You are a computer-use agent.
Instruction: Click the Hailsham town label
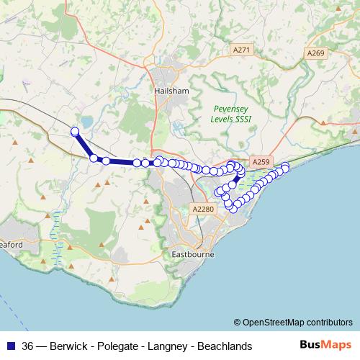tap(172, 91)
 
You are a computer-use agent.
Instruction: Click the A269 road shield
tap(315, 53)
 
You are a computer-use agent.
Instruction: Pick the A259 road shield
tap(260, 164)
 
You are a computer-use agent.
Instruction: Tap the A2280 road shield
tap(204, 209)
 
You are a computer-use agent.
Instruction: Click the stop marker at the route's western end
tap(75, 131)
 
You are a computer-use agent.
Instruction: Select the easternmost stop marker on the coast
tap(285, 167)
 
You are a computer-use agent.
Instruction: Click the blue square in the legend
tap(10, 346)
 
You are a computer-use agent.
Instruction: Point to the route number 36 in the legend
tap(28, 346)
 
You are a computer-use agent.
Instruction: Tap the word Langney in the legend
tap(171, 346)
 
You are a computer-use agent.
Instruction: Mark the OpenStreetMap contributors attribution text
tap(297, 323)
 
